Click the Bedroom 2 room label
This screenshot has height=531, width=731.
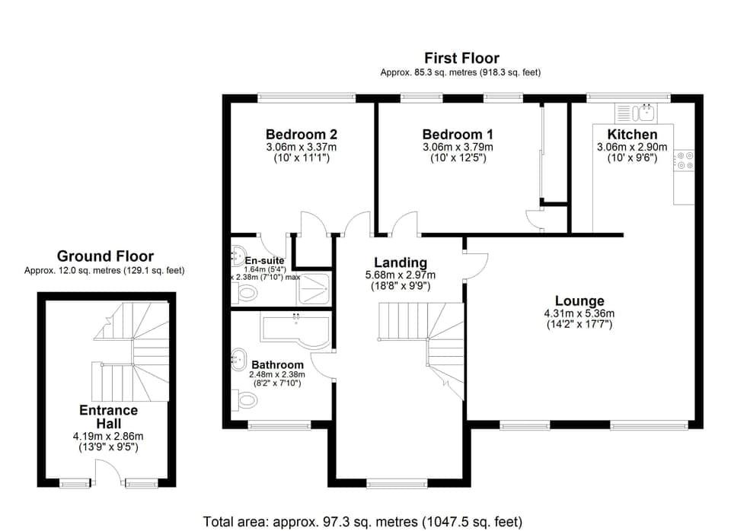[x=301, y=134]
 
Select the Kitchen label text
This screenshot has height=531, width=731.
[x=627, y=134]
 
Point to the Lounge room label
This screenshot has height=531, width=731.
[x=579, y=301]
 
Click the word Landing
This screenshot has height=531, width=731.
[x=400, y=262]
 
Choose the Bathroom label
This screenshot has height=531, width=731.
[x=277, y=364]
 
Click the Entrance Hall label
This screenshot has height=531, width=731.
[x=109, y=417]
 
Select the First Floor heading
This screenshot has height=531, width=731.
[x=461, y=58]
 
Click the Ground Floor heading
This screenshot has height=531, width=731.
[x=105, y=256]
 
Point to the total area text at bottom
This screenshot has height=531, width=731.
[x=362, y=521]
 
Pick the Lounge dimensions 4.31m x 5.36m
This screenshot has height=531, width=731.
[x=579, y=313]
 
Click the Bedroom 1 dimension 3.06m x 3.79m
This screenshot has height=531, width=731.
[x=458, y=147]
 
